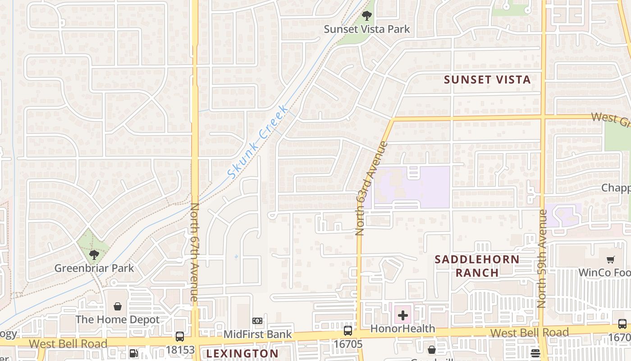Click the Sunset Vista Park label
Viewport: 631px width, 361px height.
coord(367,29)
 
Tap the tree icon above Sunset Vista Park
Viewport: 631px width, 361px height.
coord(367,16)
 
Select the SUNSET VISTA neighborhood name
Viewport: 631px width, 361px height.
coord(487,80)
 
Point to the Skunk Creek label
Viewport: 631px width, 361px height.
coord(257,142)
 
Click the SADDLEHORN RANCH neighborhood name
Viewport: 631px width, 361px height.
coord(477,266)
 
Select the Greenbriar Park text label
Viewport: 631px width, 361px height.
coord(94,268)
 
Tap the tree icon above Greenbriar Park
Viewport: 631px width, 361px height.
coord(94,255)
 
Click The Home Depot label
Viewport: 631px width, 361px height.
coord(117,320)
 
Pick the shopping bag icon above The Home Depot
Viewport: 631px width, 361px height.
coord(117,307)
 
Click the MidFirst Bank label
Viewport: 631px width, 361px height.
coord(258,335)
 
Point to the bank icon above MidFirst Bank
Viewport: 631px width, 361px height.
coord(257,321)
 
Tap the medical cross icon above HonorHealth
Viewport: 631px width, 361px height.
coord(403,315)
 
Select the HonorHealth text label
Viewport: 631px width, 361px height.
coord(403,329)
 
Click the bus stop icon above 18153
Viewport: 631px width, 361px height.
coord(179,337)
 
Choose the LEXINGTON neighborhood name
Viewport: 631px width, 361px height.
coord(242,353)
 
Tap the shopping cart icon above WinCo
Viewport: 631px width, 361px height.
coord(611,259)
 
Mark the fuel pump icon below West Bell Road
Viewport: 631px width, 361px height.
coord(133,353)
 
